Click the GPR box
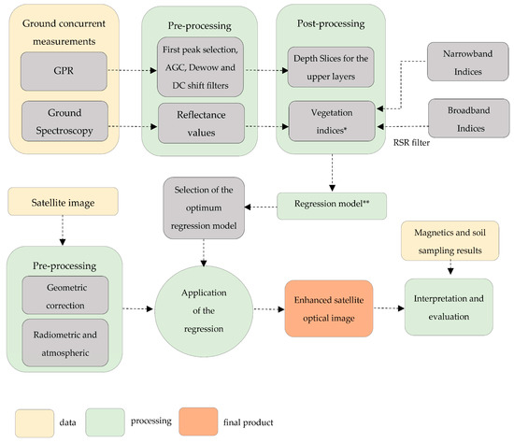click(x=64, y=71)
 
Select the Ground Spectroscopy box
click(x=64, y=121)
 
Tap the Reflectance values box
click(x=201, y=123)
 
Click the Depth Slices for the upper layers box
click(x=331, y=67)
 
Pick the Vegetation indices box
click(x=332, y=121)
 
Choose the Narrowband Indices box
click(x=468, y=62)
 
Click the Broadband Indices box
click(x=469, y=119)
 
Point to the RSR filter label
click(x=411, y=143)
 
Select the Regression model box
click(x=332, y=206)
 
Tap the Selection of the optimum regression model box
click(x=204, y=207)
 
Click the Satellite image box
click(x=63, y=201)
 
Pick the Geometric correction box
click(x=65, y=295)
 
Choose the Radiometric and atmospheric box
click(x=65, y=343)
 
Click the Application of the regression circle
click(x=204, y=311)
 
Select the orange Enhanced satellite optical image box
click(x=329, y=308)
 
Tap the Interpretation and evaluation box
click(x=449, y=307)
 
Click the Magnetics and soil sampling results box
click(x=450, y=241)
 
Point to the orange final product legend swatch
click(x=198, y=422)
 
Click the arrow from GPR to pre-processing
click(x=133, y=70)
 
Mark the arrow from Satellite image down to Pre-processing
click(x=63, y=230)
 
